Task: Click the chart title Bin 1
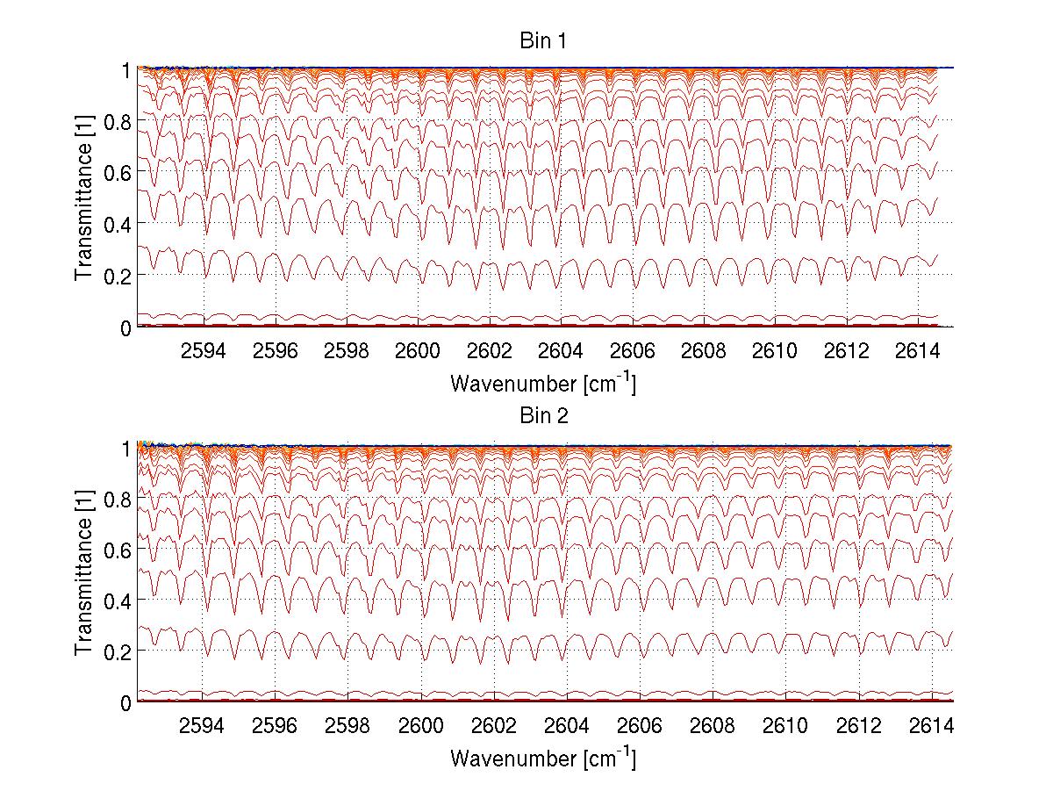544,41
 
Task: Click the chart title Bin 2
544,415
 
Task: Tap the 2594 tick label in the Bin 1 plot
204,350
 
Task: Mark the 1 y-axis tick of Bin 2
125,448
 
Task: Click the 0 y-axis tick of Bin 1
125,327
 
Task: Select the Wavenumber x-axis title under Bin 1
543,383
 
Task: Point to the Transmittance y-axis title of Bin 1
83,198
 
